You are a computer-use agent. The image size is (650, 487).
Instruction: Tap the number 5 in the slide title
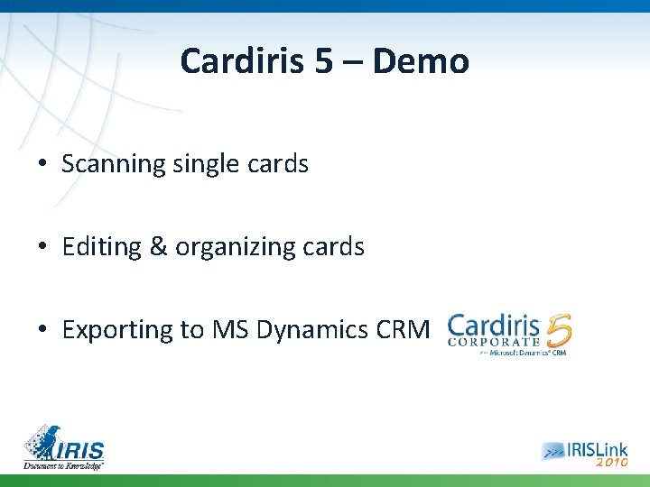[x=323, y=62]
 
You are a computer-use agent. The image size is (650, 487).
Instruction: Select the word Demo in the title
[x=421, y=62]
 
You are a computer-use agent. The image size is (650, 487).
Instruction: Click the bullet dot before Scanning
[x=43, y=165]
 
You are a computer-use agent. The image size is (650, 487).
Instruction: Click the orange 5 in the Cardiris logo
[x=558, y=332]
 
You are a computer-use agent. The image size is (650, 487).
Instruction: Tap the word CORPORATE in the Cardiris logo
[x=495, y=342]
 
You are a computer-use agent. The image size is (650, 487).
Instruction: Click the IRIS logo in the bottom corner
[x=64, y=446]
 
